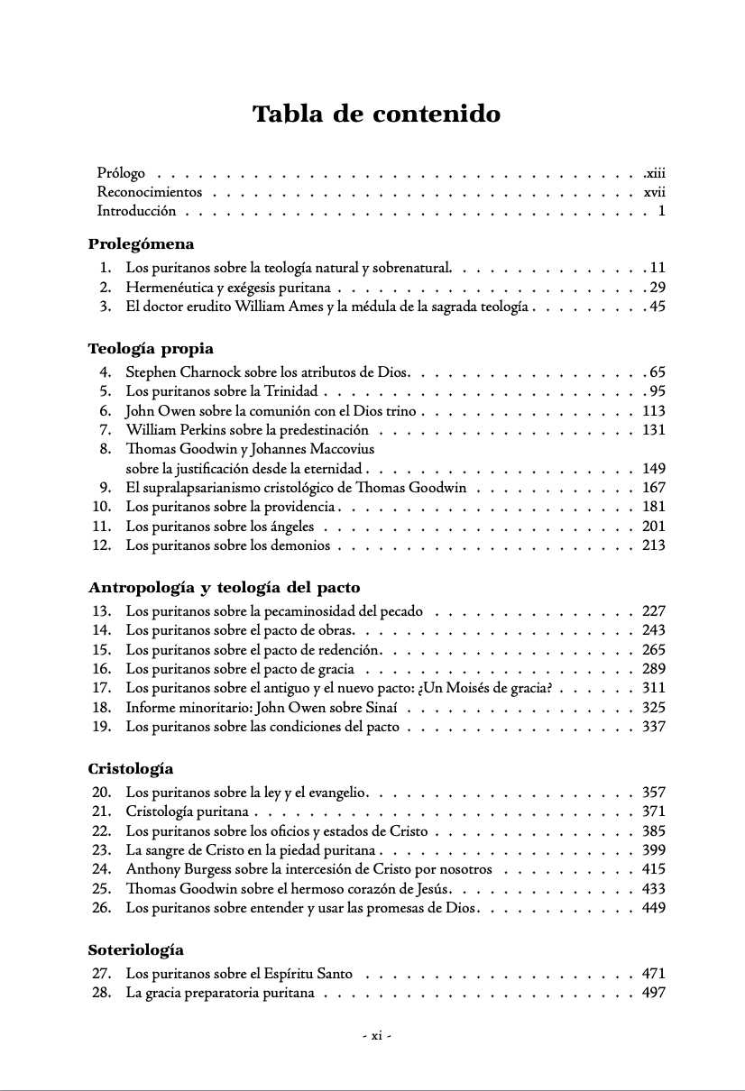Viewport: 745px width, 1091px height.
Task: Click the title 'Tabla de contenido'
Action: coord(376,115)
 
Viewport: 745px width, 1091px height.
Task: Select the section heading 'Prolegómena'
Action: coord(142,244)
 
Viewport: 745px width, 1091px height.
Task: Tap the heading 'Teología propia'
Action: coord(151,349)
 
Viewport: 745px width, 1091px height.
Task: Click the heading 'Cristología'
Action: coord(131,769)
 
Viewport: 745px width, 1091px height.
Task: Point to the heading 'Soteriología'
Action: coord(136,949)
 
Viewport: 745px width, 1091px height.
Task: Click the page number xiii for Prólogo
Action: coord(654,172)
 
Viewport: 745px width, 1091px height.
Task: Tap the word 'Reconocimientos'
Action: coord(150,192)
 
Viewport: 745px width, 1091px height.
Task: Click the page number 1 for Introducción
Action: coord(661,212)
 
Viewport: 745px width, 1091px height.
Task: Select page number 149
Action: coord(653,469)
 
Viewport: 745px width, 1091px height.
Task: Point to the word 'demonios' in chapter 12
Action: coord(302,546)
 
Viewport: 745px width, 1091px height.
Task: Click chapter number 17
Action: coord(101,688)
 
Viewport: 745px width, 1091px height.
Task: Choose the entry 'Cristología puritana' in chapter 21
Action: coord(187,811)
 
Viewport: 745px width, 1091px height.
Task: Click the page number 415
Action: coord(653,869)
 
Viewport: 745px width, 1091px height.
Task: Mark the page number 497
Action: coord(653,993)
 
